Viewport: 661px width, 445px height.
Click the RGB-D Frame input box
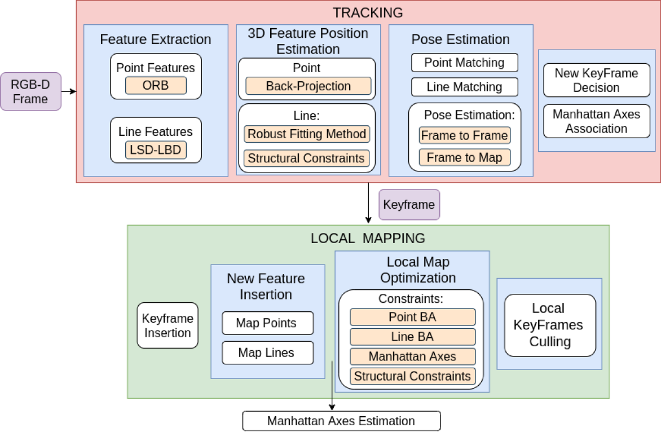pyautogui.click(x=30, y=91)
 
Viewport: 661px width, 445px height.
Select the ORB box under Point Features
pyautogui.click(x=156, y=86)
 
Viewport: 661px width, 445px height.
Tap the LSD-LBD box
pyautogui.click(x=156, y=150)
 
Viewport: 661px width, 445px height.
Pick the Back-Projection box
pyautogui.click(x=308, y=86)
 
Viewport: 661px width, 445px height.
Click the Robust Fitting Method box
pyautogui.click(x=307, y=134)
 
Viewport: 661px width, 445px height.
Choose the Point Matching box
pyautogui.click(x=464, y=63)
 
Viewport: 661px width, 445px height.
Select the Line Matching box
pyautogui.click(x=464, y=87)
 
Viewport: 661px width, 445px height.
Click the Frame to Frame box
pyautogui.click(x=464, y=135)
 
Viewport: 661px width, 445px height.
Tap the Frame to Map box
pyautogui.click(x=464, y=157)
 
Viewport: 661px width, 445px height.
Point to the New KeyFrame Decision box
pyautogui.click(x=596, y=80)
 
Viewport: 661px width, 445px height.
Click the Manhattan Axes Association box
pyautogui.click(x=596, y=121)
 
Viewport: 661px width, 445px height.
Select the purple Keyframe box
pyautogui.click(x=409, y=204)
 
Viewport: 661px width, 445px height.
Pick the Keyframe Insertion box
pyautogui.click(x=168, y=325)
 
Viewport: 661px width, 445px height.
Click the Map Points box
pyautogui.click(x=267, y=323)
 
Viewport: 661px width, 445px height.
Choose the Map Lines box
pyautogui.click(x=267, y=353)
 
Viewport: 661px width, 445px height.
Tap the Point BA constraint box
pyautogui.click(x=412, y=317)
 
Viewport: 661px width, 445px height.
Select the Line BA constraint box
pyautogui.click(x=412, y=337)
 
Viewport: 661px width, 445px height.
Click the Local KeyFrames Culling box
pyautogui.click(x=549, y=325)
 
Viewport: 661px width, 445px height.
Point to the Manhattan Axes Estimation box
pyautogui.click(x=341, y=421)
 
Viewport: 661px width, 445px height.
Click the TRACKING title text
pyautogui.click(x=368, y=12)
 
